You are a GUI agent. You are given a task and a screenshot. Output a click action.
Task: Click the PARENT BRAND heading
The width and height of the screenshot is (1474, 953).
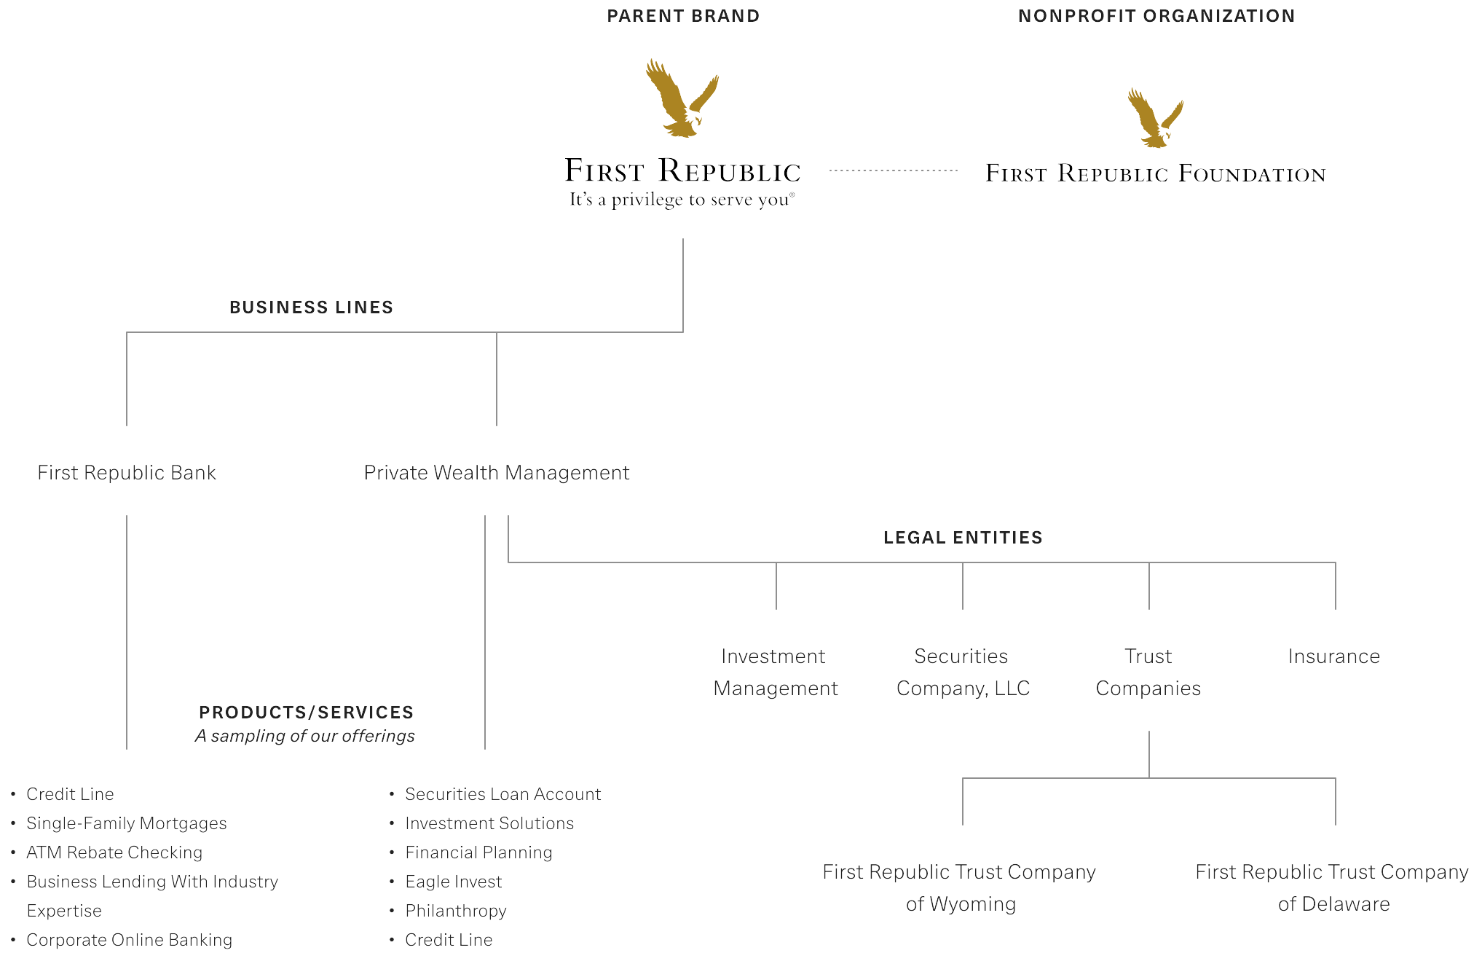[x=683, y=16]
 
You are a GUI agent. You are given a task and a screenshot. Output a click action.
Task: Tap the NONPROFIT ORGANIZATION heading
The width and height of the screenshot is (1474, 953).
[x=1156, y=16]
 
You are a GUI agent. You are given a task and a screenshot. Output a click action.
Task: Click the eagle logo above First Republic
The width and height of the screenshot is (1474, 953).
[x=682, y=98]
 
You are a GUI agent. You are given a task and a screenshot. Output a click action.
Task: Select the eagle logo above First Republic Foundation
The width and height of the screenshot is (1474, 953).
[x=1155, y=118]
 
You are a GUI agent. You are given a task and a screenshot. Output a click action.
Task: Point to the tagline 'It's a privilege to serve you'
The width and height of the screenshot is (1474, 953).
[x=682, y=200]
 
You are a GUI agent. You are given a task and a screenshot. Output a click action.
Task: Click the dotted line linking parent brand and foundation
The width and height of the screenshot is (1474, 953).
[x=893, y=170]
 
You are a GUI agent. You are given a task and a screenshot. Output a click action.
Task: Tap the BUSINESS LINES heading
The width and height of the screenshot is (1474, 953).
[x=311, y=307]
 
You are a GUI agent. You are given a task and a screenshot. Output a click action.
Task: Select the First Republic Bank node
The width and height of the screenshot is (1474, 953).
[x=127, y=473]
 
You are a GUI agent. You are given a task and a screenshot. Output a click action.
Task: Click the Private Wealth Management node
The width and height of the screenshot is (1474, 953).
[x=497, y=473]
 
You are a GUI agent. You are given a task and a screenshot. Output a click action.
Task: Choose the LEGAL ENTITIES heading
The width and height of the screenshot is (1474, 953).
[x=963, y=538]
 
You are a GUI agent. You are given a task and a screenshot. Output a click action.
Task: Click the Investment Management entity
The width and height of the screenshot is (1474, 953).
[x=775, y=672]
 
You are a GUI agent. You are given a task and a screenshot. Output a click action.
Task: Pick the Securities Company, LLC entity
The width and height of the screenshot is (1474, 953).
[x=963, y=672]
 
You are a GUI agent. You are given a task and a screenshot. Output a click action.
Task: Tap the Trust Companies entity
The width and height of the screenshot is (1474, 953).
[x=1148, y=672]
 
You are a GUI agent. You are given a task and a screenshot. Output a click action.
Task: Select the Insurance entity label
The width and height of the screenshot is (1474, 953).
[x=1333, y=656]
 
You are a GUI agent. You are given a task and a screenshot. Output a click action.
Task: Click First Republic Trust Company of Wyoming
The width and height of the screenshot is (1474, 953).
[x=959, y=887]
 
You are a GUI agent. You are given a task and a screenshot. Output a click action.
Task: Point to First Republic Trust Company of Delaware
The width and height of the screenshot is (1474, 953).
[x=1332, y=887]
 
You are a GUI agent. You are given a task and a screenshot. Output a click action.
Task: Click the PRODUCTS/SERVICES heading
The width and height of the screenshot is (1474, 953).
[x=306, y=713]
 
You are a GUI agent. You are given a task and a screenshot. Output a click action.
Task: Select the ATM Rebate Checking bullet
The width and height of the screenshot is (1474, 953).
[x=114, y=852]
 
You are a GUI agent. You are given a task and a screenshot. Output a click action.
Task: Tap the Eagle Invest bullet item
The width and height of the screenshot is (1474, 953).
[x=453, y=882]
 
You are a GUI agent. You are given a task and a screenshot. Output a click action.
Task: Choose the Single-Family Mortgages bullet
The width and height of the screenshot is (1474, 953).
[x=127, y=823]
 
